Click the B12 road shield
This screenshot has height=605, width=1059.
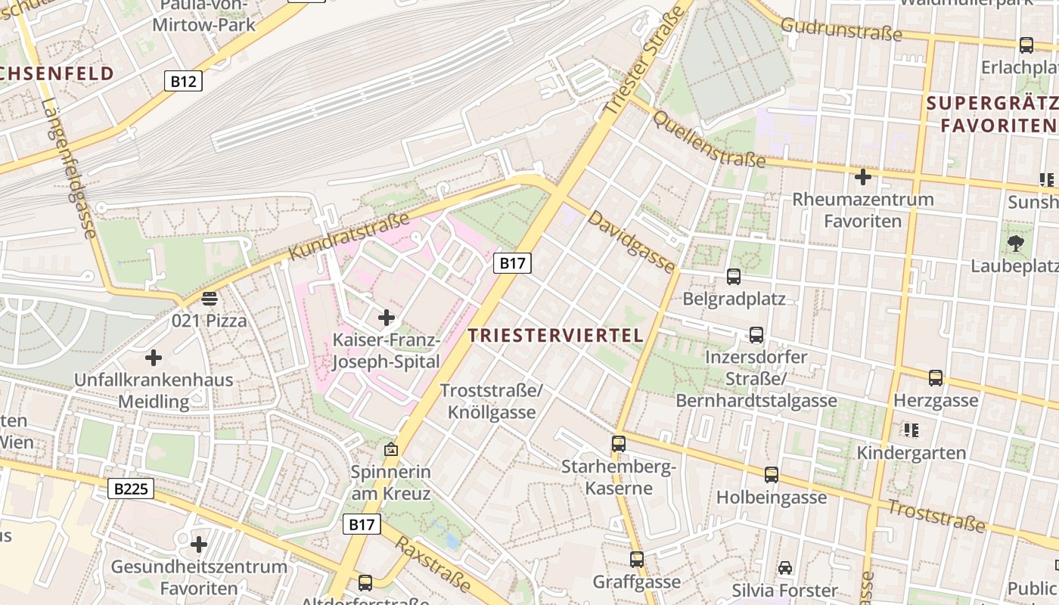(x=183, y=81)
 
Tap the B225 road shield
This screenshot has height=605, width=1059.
(x=132, y=489)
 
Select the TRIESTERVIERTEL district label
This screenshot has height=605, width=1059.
(x=556, y=335)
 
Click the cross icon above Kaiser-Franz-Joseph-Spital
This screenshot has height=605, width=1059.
(x=387, y=317)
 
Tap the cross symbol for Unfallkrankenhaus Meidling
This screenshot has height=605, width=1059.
(x=154, y=357)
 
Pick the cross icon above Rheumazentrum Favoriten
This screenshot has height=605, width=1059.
(x=862, y=178)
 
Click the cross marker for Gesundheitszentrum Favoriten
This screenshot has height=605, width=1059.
(x=199, y=544)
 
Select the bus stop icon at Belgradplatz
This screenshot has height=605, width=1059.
(x=733, y=277)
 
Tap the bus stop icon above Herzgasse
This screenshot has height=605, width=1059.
(x=936, y=378)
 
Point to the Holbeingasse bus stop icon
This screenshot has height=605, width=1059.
(x=771, y=475)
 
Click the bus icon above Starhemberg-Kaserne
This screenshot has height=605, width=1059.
(x=619, y=444)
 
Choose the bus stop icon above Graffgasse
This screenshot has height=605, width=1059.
(x=637, y=560)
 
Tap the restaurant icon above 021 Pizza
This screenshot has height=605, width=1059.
(x=209, y=299)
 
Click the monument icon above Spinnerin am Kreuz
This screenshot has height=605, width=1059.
(x=390, y=449)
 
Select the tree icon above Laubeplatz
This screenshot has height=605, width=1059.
(x=1015, y=244)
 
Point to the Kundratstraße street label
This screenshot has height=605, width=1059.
(x=349, y=236)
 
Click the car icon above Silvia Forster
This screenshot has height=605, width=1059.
(x=785, y=567)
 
